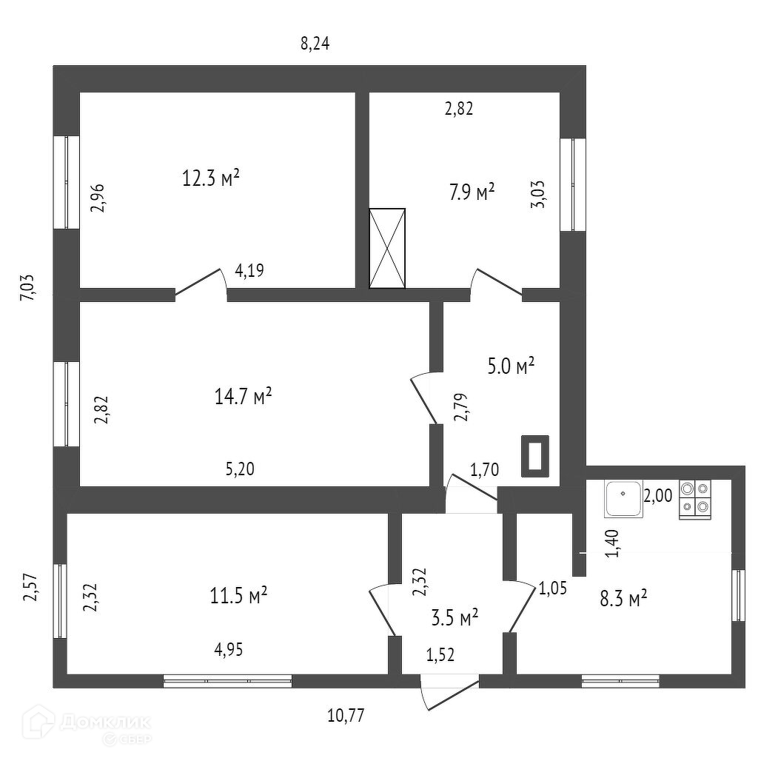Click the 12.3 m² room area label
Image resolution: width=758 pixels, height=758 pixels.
click(x=211, y=178)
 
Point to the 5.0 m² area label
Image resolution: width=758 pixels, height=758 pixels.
click(x=512, y=366)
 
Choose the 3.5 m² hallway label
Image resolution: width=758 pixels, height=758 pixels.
click(x=454, y=617)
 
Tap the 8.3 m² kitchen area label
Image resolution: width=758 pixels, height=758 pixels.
click(x=623, y=598)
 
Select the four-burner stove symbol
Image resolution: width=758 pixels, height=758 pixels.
click(x=694, y=498)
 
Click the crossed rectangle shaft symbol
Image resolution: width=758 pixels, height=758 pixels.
click(x=388, y=248)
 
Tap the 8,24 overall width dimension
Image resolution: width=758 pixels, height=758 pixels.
click(x=315, y=43)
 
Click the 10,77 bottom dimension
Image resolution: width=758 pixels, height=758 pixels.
click(x=346, y=715)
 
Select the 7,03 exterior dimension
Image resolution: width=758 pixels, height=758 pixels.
click(x=27, y=287)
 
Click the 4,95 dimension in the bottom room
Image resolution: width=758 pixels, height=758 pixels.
click(x=229, y=650)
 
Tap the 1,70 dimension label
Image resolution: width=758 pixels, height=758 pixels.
click(x=485, y=469)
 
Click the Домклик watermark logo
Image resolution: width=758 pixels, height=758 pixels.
click(x=87, y=724)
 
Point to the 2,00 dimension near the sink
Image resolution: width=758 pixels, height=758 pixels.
click(x=657, y=496)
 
